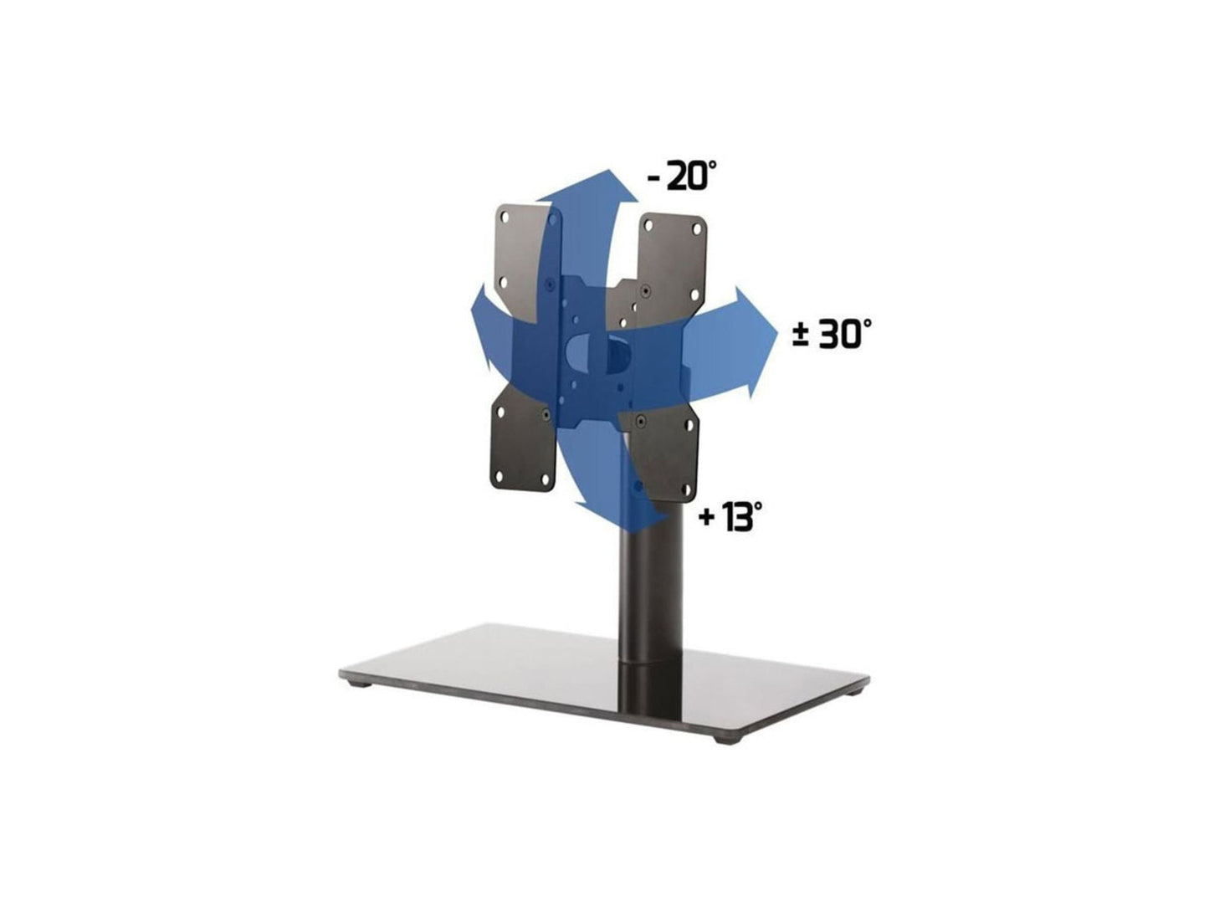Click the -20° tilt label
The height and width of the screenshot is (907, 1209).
pos(682,177)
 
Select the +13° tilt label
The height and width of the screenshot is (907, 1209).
pos(730,517)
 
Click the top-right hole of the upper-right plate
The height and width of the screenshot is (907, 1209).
pos(697,226)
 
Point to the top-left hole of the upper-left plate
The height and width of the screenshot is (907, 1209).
pos(505,215)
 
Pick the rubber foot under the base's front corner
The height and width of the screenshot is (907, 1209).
pos(722,740)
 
